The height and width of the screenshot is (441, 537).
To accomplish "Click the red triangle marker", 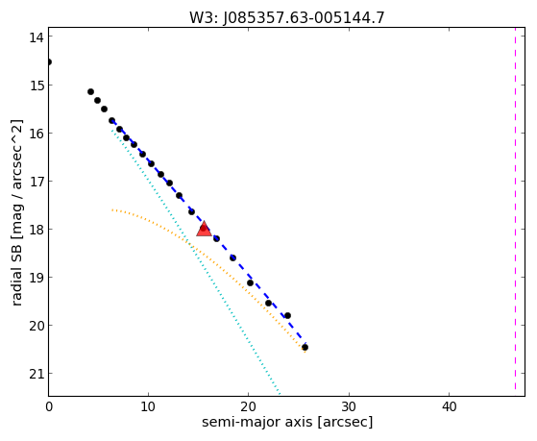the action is (204, 229).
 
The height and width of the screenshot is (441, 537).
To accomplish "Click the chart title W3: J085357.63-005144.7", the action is (287, 17).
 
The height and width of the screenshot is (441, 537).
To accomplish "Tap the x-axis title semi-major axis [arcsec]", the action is (287, 422).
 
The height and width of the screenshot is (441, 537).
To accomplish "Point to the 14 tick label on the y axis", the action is (37, 37).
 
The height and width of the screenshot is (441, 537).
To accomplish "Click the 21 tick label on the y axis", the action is (37, 374).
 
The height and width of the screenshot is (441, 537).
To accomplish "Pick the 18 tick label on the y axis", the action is (37, 230).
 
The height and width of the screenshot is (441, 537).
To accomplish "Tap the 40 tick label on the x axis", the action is (449, 406).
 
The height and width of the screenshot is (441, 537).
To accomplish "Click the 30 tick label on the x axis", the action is (349, 406).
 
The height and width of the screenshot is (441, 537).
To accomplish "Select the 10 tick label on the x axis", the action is (148, 406).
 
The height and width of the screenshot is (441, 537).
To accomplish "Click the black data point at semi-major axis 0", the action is (49, 62).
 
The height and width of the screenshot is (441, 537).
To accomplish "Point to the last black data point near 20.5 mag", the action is (305, 348).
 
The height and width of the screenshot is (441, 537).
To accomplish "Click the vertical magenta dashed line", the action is (515, 209).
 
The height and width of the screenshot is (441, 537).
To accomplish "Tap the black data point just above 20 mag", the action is (287, 315).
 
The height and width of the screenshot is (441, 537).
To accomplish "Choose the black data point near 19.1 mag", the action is (250, 283).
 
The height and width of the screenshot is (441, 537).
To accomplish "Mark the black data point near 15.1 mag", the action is (90, 92).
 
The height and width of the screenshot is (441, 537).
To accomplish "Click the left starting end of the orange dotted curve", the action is (112, 209).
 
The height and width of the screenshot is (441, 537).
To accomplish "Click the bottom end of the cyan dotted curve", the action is (280, 394).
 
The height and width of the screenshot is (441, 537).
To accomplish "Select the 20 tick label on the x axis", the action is (248, 406).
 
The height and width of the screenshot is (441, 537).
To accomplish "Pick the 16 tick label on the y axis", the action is (37, 134).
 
